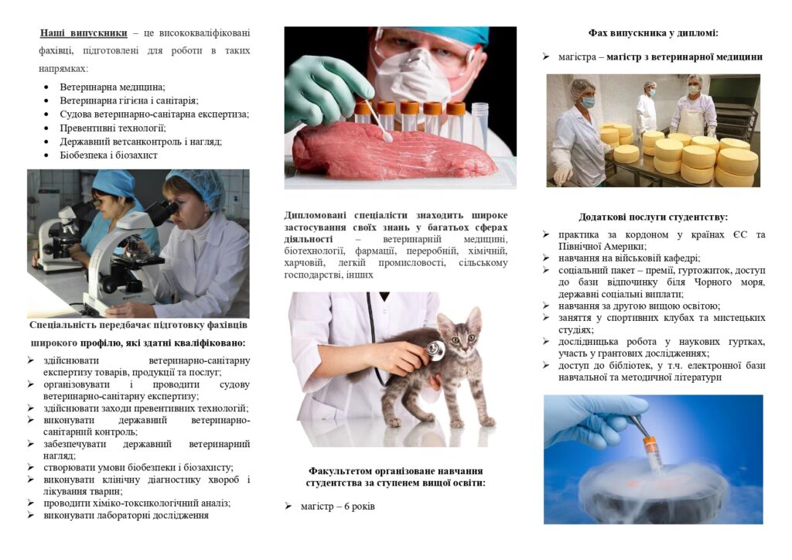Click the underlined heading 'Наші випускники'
(x=84, y=33)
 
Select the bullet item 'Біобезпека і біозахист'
(x=108, y=155)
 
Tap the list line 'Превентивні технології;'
(x=113, y=128)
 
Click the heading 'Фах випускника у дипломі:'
(x=653, y=33)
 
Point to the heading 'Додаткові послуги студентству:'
(x=653, y=217)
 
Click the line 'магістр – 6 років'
(x=338, y=506)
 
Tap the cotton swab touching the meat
(x=377, y=121)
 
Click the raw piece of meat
(x=394, y=151)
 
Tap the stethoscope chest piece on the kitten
(x=435, y=350)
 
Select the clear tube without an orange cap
(x=480, y=125)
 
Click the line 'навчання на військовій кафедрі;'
(x=630, y=258)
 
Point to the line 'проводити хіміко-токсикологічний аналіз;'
(x=137, y=503)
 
